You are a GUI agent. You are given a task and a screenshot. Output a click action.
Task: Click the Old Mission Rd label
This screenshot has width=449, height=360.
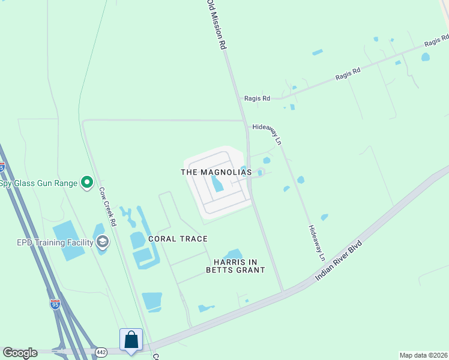217,24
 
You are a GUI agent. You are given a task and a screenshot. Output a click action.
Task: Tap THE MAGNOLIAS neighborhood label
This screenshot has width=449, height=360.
216,172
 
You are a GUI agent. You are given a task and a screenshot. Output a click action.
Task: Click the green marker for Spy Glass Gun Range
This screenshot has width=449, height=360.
87,181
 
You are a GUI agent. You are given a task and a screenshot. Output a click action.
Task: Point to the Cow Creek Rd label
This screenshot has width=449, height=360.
109,206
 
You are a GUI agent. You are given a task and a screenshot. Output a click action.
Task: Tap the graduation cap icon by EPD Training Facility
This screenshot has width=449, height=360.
103,242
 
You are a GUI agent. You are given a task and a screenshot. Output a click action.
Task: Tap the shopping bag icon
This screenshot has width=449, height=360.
131,340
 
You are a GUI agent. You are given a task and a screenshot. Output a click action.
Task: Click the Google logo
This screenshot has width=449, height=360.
20,353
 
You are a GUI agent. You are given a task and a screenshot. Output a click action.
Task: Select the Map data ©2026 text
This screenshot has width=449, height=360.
423,355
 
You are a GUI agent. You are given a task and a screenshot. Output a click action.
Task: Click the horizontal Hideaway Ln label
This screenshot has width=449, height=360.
267,127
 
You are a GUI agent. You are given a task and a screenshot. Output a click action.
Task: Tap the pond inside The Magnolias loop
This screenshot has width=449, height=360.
217,184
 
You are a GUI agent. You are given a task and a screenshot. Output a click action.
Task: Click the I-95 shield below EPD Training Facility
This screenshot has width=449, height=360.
55,304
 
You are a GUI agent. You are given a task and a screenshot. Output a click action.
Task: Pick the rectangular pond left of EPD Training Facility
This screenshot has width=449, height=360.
68,241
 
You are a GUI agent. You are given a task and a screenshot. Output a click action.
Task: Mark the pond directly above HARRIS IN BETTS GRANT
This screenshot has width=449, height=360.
233,255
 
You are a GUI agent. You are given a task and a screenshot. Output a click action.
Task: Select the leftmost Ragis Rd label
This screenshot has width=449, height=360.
258,98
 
